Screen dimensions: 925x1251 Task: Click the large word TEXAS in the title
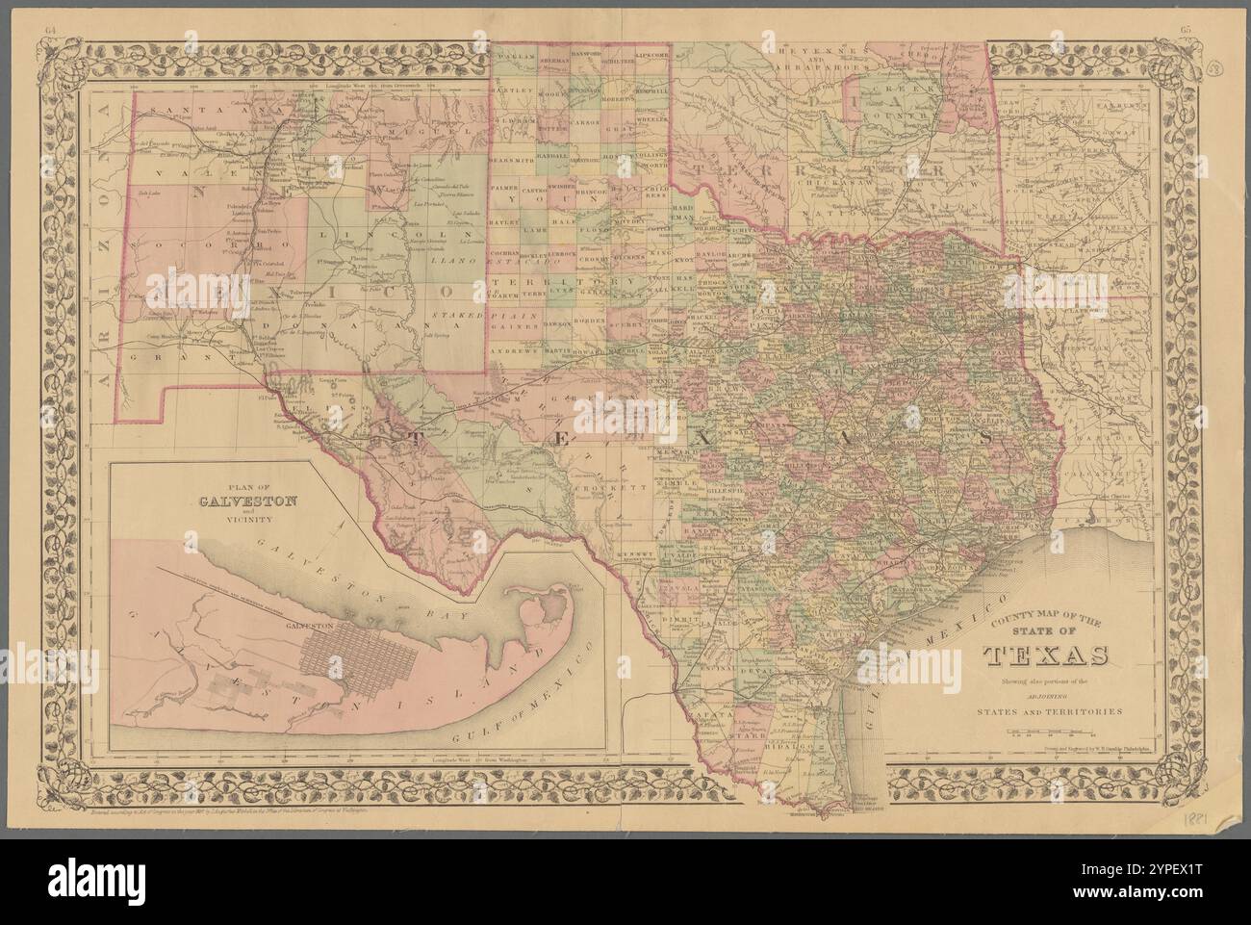1045,655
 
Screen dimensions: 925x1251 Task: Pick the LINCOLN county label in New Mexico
359,236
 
